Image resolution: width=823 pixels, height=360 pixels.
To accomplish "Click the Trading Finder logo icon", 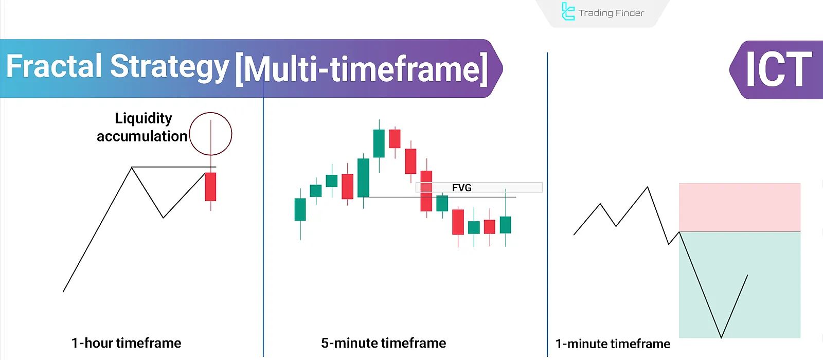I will (567, 12).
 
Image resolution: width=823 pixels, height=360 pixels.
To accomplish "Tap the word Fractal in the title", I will (54, 67).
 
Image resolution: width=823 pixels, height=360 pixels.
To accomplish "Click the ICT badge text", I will (778, 70).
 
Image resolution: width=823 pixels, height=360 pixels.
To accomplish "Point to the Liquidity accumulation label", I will (142, 127).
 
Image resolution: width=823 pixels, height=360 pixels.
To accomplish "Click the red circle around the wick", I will (210, 134).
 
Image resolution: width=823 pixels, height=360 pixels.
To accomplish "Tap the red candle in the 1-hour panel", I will (210, 186).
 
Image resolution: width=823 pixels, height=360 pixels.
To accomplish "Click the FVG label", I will (461, 188).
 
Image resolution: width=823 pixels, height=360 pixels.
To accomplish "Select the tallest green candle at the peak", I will (379, 143).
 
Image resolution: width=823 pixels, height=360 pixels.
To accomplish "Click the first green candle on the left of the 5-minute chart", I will (300, 209).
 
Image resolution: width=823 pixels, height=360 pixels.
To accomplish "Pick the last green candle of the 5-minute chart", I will (506, 225).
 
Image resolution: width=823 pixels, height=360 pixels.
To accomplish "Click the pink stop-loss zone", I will (739, 207).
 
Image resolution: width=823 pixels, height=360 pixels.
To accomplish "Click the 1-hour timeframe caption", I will (126, 343).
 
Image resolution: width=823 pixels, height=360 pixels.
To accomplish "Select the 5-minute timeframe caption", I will (383, 343).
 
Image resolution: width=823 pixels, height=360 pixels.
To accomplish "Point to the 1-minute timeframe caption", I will (613, 344).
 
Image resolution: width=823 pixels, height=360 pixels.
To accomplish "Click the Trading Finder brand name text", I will (611, 13).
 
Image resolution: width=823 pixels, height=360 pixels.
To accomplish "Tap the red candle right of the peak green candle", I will (395, 138).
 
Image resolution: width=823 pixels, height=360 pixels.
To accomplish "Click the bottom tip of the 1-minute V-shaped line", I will (721, 337).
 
